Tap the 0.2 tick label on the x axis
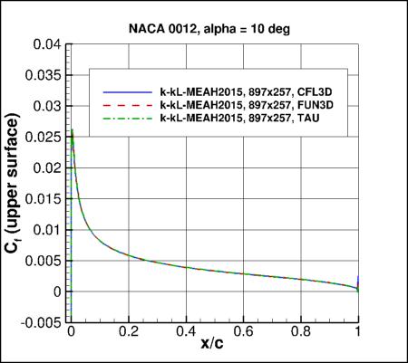coord(129,332)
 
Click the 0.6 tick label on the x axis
coord(244,332)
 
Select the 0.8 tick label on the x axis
coord(301,332)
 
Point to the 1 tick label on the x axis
coord(359,332)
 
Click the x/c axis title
coord(215,348)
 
